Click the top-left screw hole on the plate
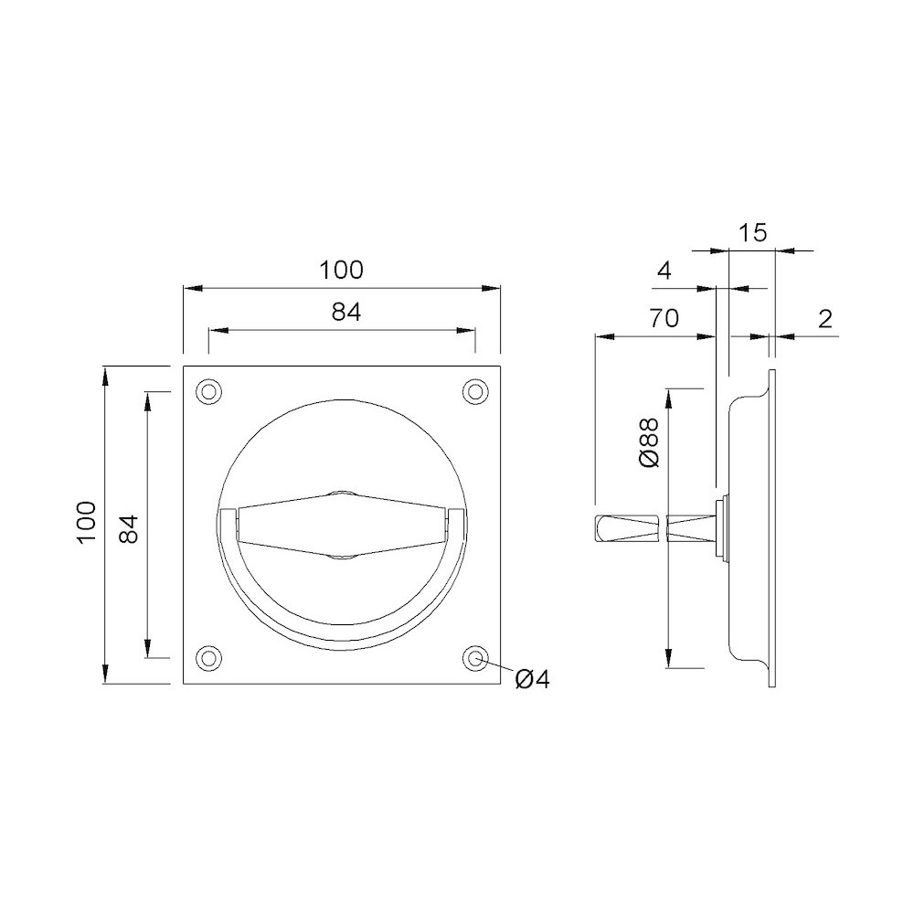[x=208, y=391]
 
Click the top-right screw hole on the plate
[x=475, y=391]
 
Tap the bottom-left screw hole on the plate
[x=208, y=658]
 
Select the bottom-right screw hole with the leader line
[x=475, y=658]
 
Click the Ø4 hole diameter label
[x=532, y=679]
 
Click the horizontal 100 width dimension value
[x=341, y=270]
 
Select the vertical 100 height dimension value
[x=86, y=522]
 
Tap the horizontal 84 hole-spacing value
[x=346, y=313]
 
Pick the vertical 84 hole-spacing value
[x=128, y=528]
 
